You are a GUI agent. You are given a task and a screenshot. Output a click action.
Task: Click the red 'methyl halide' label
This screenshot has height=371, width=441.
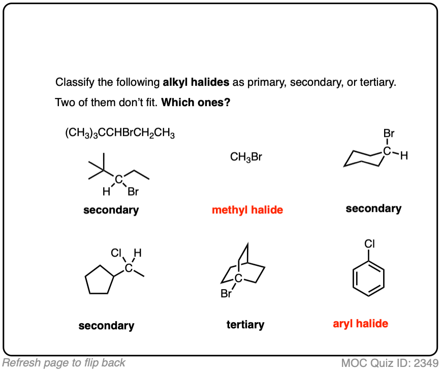(x=247, y=210)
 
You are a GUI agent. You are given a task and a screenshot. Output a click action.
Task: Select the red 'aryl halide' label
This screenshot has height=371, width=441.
(x=361, y=323)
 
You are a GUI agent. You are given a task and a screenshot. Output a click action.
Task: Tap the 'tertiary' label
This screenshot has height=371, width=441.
(x=245, y=324)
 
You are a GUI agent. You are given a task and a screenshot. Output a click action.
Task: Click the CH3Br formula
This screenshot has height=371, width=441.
(x=246, y=157)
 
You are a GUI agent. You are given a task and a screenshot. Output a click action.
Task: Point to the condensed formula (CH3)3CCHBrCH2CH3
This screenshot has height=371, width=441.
(x=120, y=134)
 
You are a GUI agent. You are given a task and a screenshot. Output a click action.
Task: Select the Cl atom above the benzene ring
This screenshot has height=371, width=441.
(x=369, y=244)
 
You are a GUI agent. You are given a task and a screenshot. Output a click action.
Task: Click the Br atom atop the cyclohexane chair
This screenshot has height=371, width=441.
(x=389, y=134)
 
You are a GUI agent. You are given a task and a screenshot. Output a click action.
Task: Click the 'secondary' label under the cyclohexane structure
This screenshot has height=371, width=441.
(x=373, y=208)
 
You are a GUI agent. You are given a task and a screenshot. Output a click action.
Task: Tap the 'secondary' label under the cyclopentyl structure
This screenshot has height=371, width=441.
(x=106, y=326)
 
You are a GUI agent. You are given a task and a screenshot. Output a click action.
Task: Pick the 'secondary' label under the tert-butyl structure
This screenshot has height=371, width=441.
(x=111, y=210)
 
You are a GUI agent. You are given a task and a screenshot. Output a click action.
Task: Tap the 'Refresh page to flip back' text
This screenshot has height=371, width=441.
(x=64, y=363)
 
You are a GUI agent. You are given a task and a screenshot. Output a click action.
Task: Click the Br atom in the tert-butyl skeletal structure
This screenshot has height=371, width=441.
(x=133, y=192)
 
